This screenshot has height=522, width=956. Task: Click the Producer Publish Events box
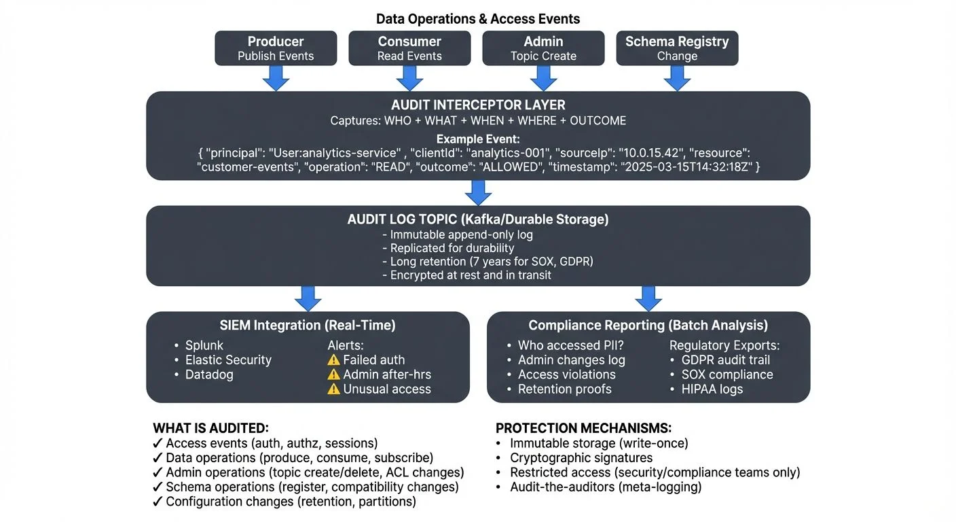coord(276,48)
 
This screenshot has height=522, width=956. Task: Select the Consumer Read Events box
coord(409,48)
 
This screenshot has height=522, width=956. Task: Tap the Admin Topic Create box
coord(543,48)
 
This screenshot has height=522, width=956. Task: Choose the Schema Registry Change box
coord(677,48)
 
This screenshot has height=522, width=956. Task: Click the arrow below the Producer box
coord(276,78)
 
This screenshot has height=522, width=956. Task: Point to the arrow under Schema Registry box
coord(677,78)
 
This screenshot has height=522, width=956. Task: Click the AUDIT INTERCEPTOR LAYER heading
coord(478,105)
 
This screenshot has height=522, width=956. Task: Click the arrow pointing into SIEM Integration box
coord(308,298)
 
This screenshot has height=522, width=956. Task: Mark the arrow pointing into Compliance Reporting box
coord(648,298)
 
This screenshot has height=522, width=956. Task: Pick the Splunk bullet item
coord(204,345)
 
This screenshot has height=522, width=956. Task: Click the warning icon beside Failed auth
coord(333,360)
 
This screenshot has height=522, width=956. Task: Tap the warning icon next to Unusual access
coord(333,389)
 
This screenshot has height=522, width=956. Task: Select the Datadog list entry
coord(209,375)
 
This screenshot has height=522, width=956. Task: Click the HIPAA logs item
coord(712,389)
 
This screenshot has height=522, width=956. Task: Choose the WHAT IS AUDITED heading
coord(210,428)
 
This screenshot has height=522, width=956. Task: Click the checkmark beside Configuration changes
coord(158,502)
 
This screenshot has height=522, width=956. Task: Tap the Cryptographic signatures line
coord(581,457)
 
